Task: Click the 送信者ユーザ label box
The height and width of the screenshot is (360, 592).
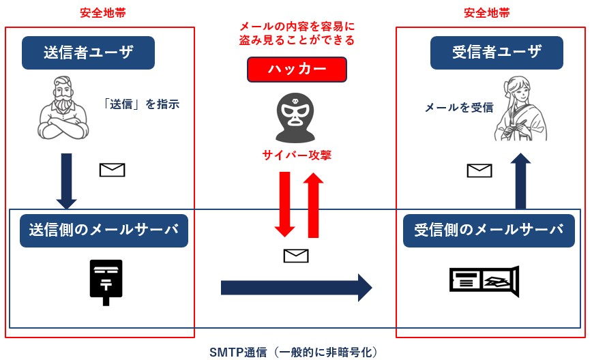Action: [89, 52]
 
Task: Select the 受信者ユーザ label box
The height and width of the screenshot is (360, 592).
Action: [497, 52]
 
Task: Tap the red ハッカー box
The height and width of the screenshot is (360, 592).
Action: [297, 70]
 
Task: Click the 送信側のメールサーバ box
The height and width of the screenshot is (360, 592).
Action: [104, 230]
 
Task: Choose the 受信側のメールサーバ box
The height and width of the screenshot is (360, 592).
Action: [489, 230]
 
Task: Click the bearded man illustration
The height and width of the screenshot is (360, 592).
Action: [63, 108]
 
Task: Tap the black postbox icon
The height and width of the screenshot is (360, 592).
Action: [106, 282]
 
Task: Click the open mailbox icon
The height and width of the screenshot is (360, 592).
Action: [484, 281]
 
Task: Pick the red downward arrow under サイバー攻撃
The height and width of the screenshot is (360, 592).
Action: [284, 204]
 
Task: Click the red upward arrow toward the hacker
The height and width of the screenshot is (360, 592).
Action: [313, 205]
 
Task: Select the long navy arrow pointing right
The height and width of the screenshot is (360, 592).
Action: [297, 288]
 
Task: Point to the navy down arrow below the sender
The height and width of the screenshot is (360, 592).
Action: [66, 181]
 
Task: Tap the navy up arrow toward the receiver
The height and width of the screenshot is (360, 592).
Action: [520, 181]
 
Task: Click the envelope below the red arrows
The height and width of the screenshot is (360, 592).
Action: [296, 256]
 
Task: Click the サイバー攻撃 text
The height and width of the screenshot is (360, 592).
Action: [297, 155]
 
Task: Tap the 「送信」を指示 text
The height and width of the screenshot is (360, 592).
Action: [140, 104]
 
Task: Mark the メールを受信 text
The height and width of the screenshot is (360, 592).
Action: [459, 108]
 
